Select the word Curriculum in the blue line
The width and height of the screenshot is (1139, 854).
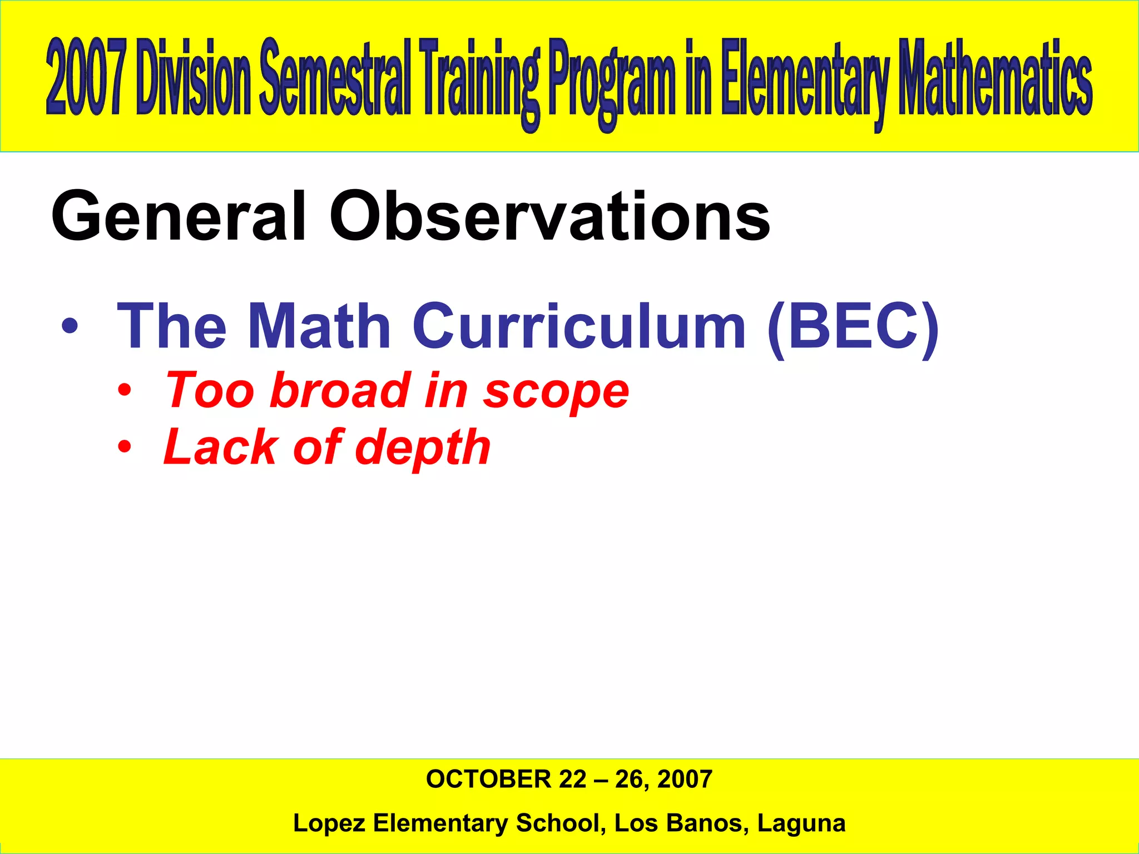[578, 327]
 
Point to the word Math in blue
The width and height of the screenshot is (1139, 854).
[319, 327]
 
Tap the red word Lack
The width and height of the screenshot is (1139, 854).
[220, 447]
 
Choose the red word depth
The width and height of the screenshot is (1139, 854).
[423, 448]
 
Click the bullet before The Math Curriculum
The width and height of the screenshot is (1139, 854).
[70, 327]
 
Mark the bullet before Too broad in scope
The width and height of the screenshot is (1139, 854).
[125, 391]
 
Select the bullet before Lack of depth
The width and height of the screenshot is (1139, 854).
[125, 448]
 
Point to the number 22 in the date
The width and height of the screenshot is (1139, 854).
[573, 779]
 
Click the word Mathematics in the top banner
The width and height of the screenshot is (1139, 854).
[996, 78]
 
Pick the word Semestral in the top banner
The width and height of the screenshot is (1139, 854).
[335, 78]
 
